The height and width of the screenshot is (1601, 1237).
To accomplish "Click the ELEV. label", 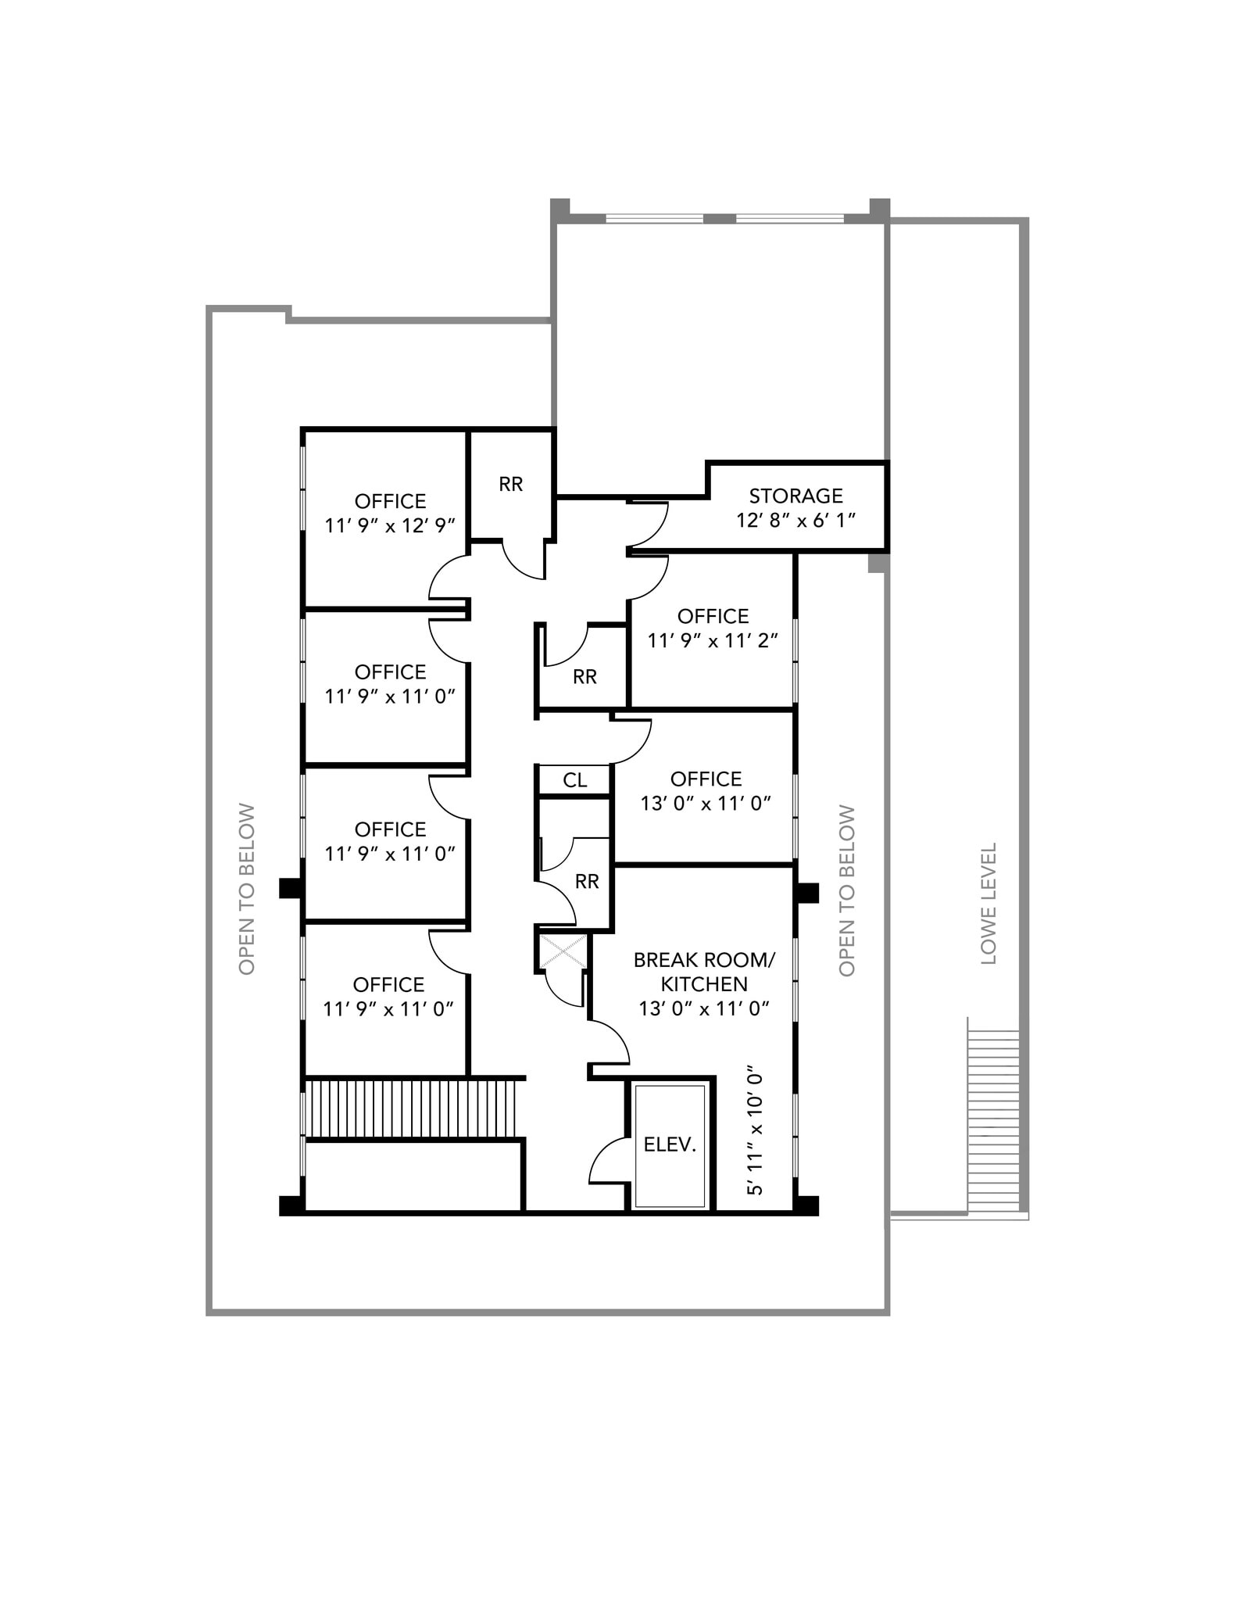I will (x=670, y=1144).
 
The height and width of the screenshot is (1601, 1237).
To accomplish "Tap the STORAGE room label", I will (x=795, y=496).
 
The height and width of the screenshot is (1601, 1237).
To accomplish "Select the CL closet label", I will (x=575, y=779).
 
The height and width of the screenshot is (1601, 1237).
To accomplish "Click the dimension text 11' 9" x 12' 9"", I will (x=390, y=525).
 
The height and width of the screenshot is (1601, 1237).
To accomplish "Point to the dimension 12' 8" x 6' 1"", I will (x=795, y=520).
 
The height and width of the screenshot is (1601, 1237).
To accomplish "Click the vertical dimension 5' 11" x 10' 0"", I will (x=754, y=1130).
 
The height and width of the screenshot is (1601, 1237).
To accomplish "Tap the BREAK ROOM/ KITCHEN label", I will (x=704, y=971).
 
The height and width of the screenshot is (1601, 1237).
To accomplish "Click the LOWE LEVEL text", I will (x=989, y=903).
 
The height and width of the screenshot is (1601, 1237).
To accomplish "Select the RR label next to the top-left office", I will (x=510, y=484).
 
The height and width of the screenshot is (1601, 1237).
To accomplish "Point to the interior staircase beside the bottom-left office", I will (x=412, y=1108).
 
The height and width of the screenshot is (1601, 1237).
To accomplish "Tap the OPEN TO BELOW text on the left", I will (x=247, y=889).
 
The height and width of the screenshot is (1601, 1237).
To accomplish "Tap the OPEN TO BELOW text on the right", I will (x=847, y=890).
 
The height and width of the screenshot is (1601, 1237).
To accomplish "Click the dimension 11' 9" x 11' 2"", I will (x=713, y=640).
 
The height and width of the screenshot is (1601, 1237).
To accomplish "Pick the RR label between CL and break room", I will (x=586, y=882).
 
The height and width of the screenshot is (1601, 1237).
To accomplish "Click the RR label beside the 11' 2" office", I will (x=585, y=677).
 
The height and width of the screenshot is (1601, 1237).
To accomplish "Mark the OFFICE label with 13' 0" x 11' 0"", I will (x=706, y=779).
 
